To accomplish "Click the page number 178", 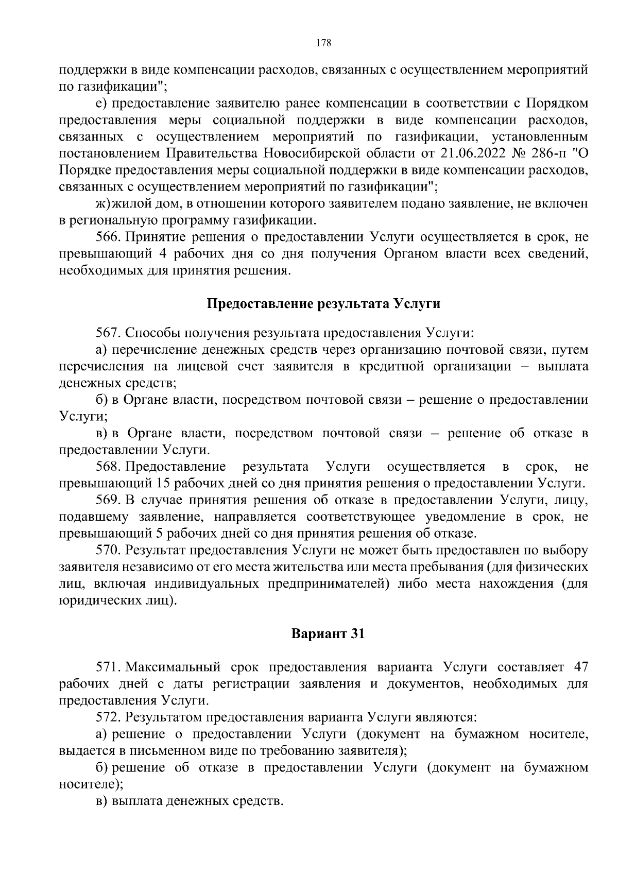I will coord(323,43).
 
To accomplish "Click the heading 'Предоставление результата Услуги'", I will coord(323,304).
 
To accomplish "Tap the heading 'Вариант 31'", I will coord(328,633).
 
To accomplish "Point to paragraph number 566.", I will coord(108,237).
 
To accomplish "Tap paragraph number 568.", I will coord(108,467).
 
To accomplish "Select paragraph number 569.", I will coord(108,501).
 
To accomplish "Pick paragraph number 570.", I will coord(108,551).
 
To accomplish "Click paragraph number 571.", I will coord(108,667).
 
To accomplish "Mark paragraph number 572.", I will coord(108,717).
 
